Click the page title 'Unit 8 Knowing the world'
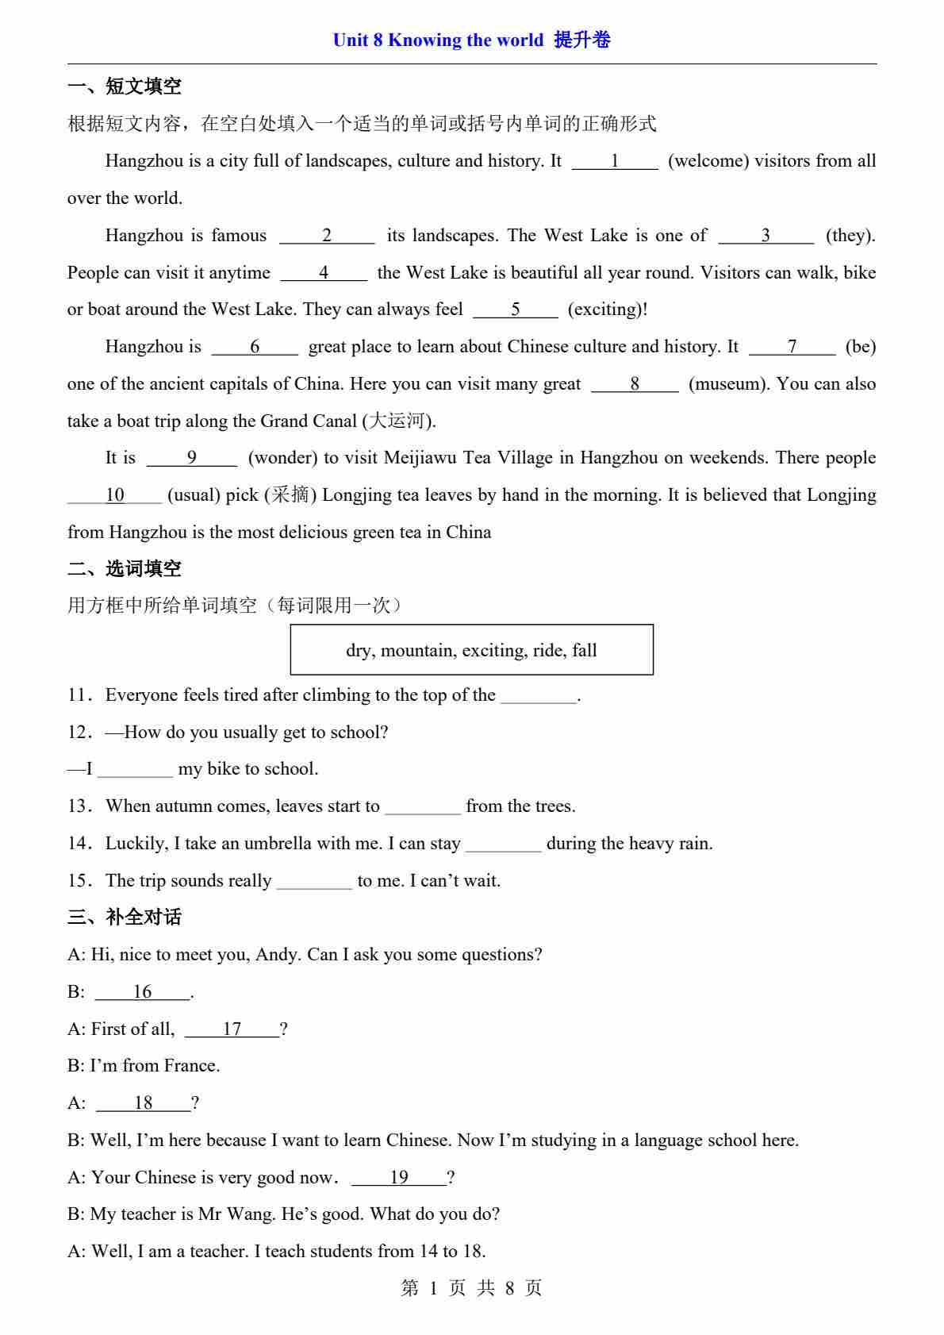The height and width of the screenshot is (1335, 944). click(438, 40)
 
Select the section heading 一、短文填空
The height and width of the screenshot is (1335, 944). click(125, 87)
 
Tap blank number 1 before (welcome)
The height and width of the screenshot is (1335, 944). click(615, 161)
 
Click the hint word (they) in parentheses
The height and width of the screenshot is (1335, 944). click(850, 236)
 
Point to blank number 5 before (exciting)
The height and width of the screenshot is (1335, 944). click(516, 310)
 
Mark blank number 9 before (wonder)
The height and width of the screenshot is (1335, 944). click(192, 458)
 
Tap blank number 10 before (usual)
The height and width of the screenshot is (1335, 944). click(115, 495)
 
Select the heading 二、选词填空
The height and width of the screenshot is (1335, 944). click(125, 568)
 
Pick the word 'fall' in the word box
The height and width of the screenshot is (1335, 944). click(585, 651)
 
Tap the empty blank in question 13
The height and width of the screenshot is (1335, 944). click(423, 807)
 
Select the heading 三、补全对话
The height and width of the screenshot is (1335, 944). click(125, 917)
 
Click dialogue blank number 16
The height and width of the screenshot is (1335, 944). click(143, 992)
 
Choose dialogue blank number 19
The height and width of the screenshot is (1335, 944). click(399, 1178)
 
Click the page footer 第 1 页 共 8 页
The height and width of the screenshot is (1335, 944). click(472, 1288)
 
